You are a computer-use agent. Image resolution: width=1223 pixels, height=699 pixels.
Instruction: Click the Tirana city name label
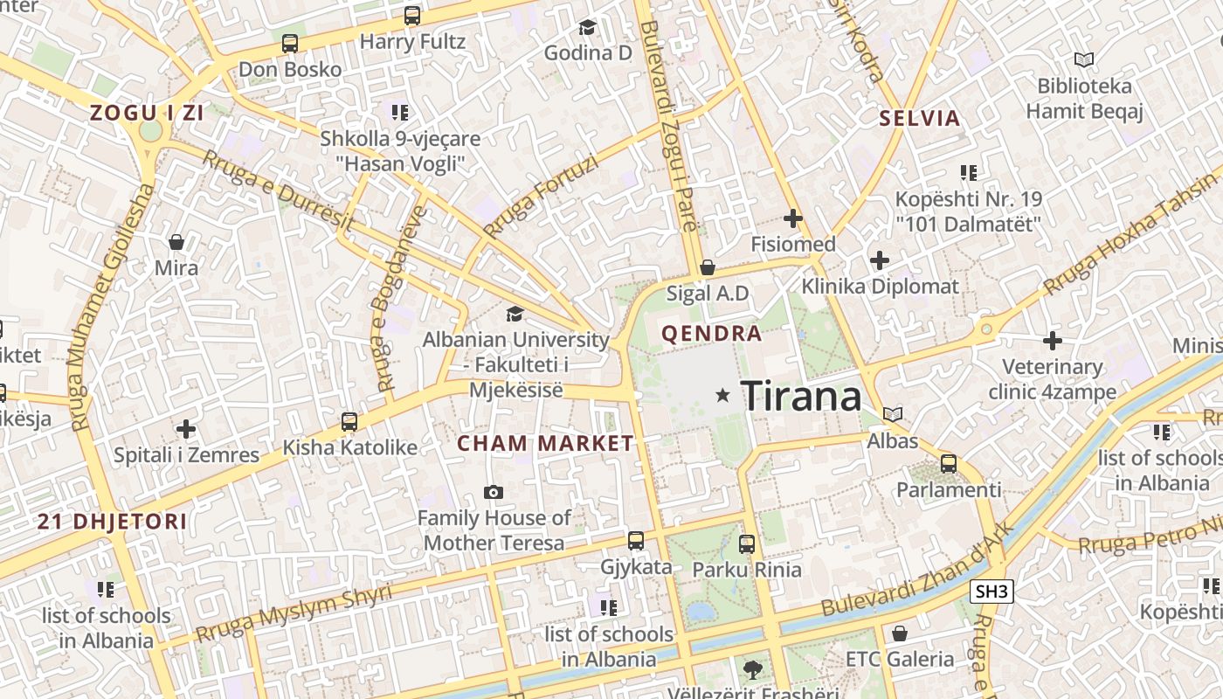click(801, 397)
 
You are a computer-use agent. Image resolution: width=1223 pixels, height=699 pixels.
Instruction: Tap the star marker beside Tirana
click(722, 396)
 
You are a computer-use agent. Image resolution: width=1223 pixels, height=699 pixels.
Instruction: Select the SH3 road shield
click(992, 592)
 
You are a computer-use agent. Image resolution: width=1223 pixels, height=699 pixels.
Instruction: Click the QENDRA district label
click(712, 333)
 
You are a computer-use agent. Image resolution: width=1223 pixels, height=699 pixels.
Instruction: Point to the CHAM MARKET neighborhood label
click(546, 443)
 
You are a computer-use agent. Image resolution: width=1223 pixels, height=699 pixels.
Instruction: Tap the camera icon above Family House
click(494, 493)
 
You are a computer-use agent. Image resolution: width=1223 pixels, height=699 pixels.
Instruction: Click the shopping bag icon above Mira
click(176, 242)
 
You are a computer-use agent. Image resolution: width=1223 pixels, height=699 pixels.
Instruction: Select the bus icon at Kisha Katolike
click(349, 422)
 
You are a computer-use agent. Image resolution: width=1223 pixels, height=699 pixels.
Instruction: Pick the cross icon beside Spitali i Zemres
click(185, 429)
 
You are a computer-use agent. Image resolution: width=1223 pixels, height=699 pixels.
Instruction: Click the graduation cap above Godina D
click(587, 28)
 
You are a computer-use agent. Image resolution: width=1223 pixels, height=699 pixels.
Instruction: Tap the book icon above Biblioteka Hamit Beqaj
click(1084, 60)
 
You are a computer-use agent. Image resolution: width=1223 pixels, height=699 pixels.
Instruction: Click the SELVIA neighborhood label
click(920, 118)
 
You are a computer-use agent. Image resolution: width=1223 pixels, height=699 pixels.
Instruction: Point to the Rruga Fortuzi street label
click(542, 196)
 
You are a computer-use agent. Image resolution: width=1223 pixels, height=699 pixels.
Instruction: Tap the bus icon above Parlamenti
click(949, 464)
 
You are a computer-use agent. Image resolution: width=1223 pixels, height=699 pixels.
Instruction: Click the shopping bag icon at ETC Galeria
click(900, 633)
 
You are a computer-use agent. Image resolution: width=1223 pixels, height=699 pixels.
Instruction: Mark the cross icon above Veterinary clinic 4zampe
click(1053, 341)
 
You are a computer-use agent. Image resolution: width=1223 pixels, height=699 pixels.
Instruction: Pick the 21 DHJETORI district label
click(112, 522)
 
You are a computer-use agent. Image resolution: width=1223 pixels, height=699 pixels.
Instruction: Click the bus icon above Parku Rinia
click(747, 544)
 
